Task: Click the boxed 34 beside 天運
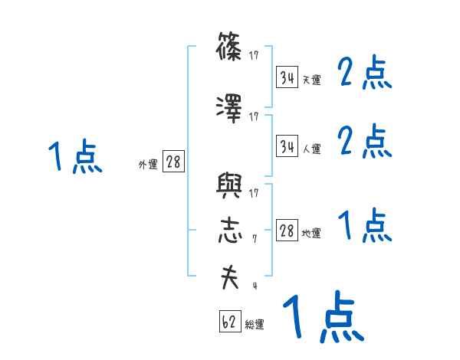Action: click(287, 77)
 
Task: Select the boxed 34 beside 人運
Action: click(287, 146)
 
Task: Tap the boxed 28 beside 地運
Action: click(287, 231)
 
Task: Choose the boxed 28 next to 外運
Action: click(174, 162)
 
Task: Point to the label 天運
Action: click(312, 80)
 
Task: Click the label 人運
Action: click(312, 149)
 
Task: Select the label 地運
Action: click(312, 234)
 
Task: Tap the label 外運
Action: click(148, 164)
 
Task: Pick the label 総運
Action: click(255, 324)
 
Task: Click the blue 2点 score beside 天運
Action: click(365, 74)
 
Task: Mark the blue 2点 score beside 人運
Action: click(365, 142)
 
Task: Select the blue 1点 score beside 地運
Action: click(365, 226)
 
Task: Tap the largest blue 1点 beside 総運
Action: click(322, 317)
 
